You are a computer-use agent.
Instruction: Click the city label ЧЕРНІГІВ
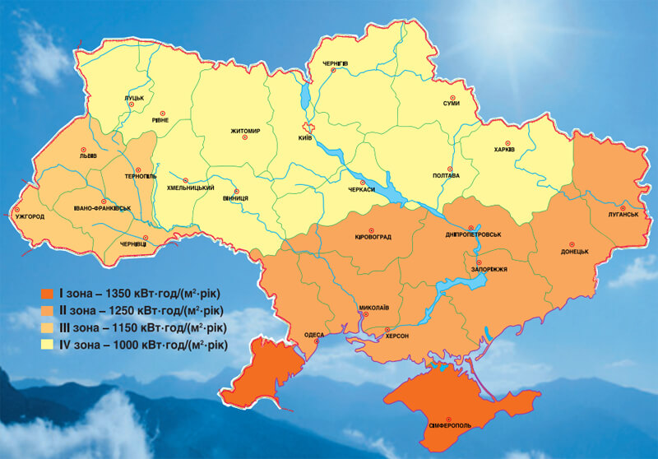[x=335, y=63]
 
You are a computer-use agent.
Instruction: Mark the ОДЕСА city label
[x=314, y=336]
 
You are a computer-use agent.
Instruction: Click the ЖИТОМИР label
[x=245, y=131]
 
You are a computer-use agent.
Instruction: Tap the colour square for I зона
[x=45, y=294]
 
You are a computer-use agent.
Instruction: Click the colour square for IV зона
[x=45, y=344]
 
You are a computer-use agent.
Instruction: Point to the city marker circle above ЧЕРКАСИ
[x=362, y=182]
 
